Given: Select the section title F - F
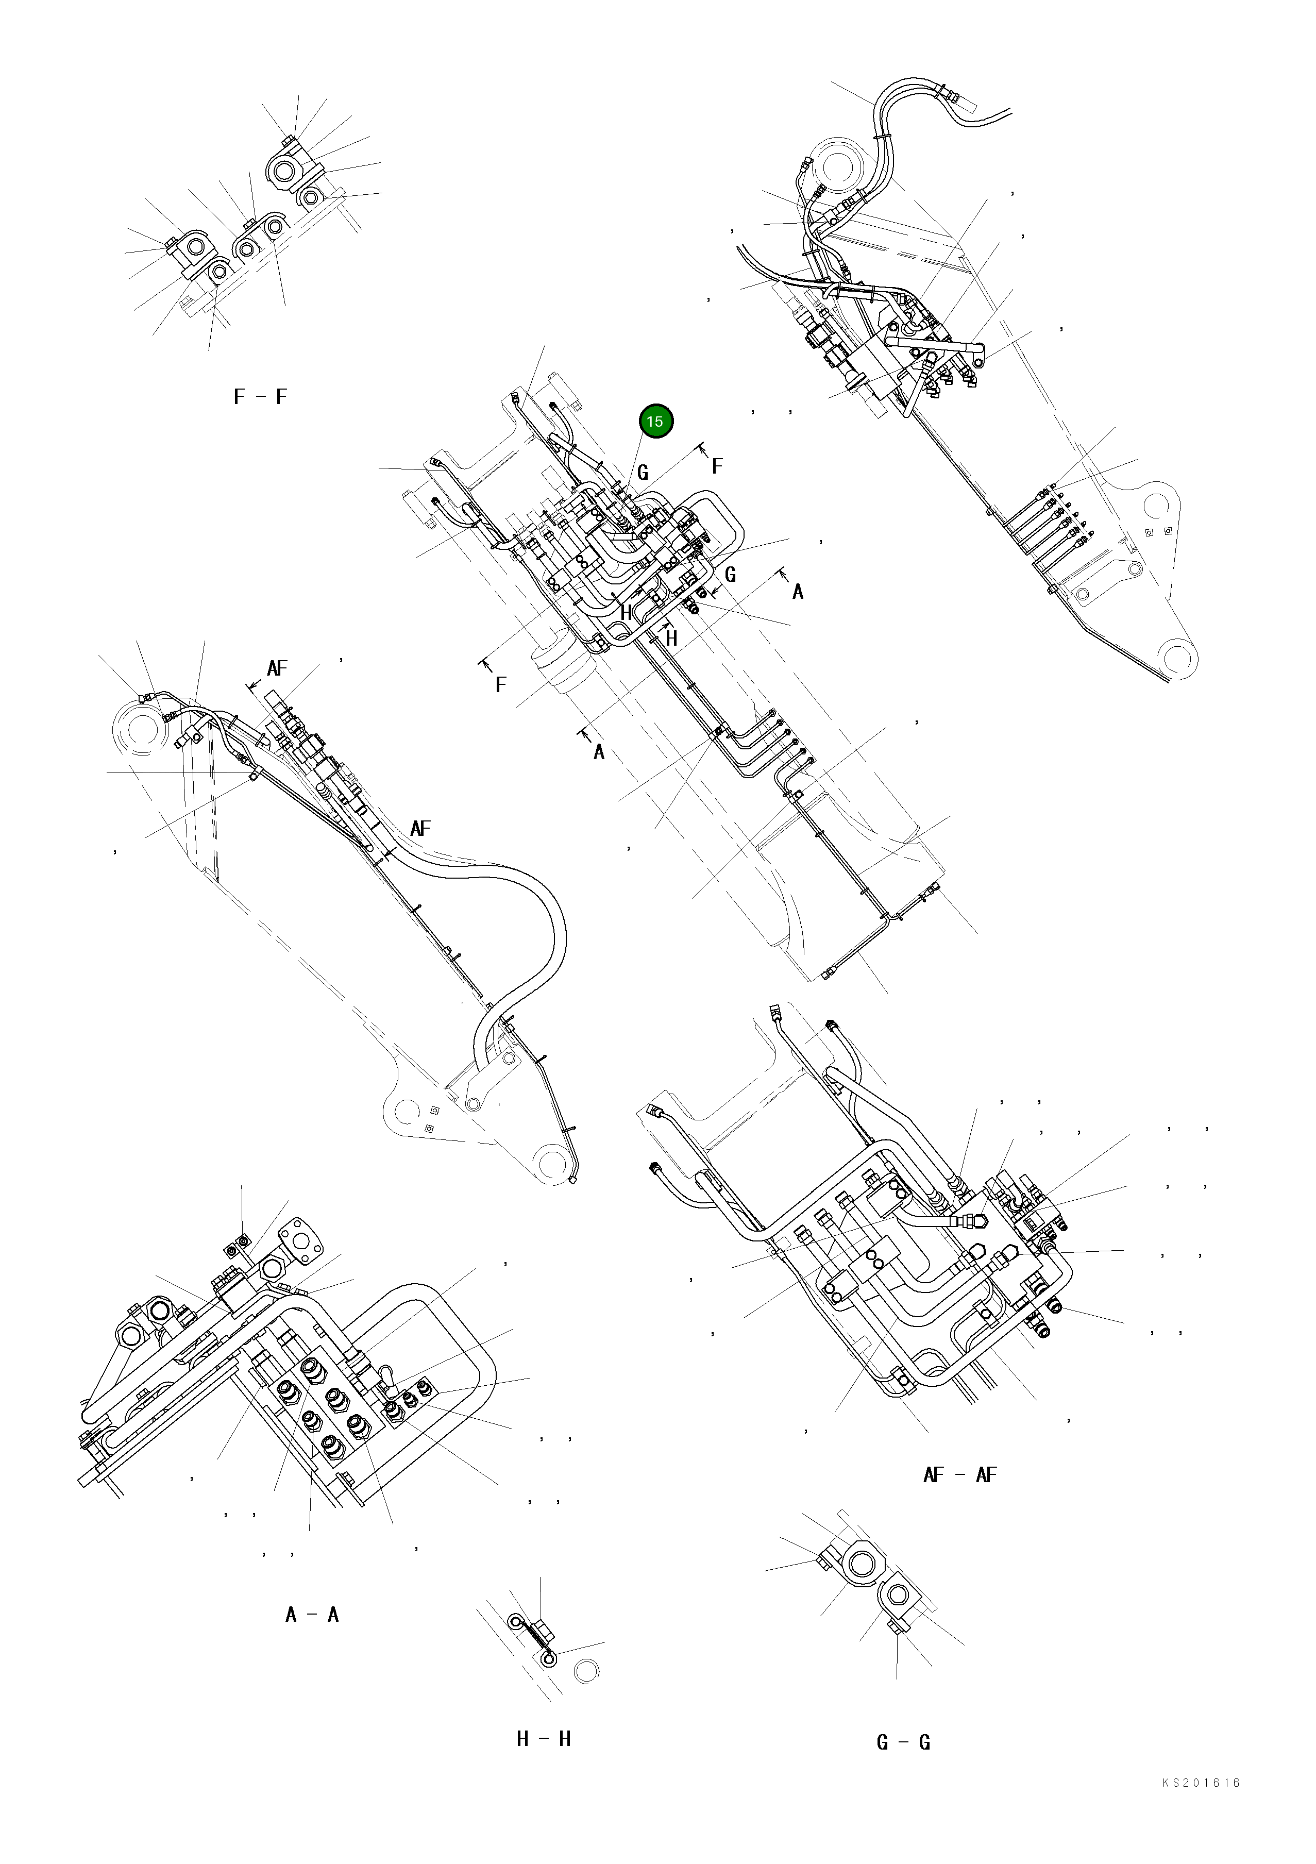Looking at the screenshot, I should (x=260, y=397).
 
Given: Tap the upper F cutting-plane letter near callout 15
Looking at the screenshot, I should (x=717, y=466).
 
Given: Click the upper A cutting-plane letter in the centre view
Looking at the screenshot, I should (x=798, y=592).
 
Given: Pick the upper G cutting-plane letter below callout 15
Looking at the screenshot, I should (x=643, y=473).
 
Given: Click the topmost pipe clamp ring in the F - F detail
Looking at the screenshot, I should (x=286, y=171).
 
